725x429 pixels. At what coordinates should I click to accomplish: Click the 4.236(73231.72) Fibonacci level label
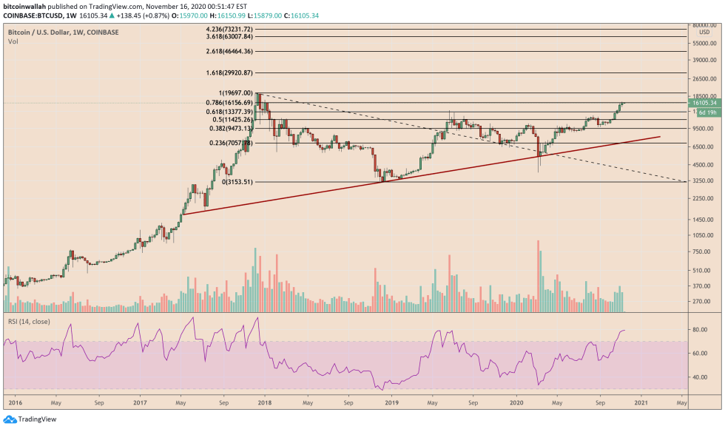(232, 28)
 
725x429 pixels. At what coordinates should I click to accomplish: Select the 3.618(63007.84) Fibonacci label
(232, 36)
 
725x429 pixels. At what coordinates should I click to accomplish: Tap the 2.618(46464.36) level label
(232, 52)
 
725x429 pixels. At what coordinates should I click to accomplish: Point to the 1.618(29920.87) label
(232, 73)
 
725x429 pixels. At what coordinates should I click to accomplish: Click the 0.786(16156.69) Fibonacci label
(232, 103)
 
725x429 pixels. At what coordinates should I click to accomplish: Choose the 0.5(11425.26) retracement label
(233, 120)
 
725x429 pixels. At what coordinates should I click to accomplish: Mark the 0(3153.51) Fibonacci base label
(237, 181)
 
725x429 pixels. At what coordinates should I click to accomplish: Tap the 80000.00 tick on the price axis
(704, 25)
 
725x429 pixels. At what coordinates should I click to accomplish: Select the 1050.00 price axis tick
(704, 234)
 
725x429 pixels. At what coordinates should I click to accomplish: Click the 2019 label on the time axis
(392, 403)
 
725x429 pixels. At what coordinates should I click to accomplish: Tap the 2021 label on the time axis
(641, 403)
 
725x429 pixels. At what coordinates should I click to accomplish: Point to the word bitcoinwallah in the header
(23, 4)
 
